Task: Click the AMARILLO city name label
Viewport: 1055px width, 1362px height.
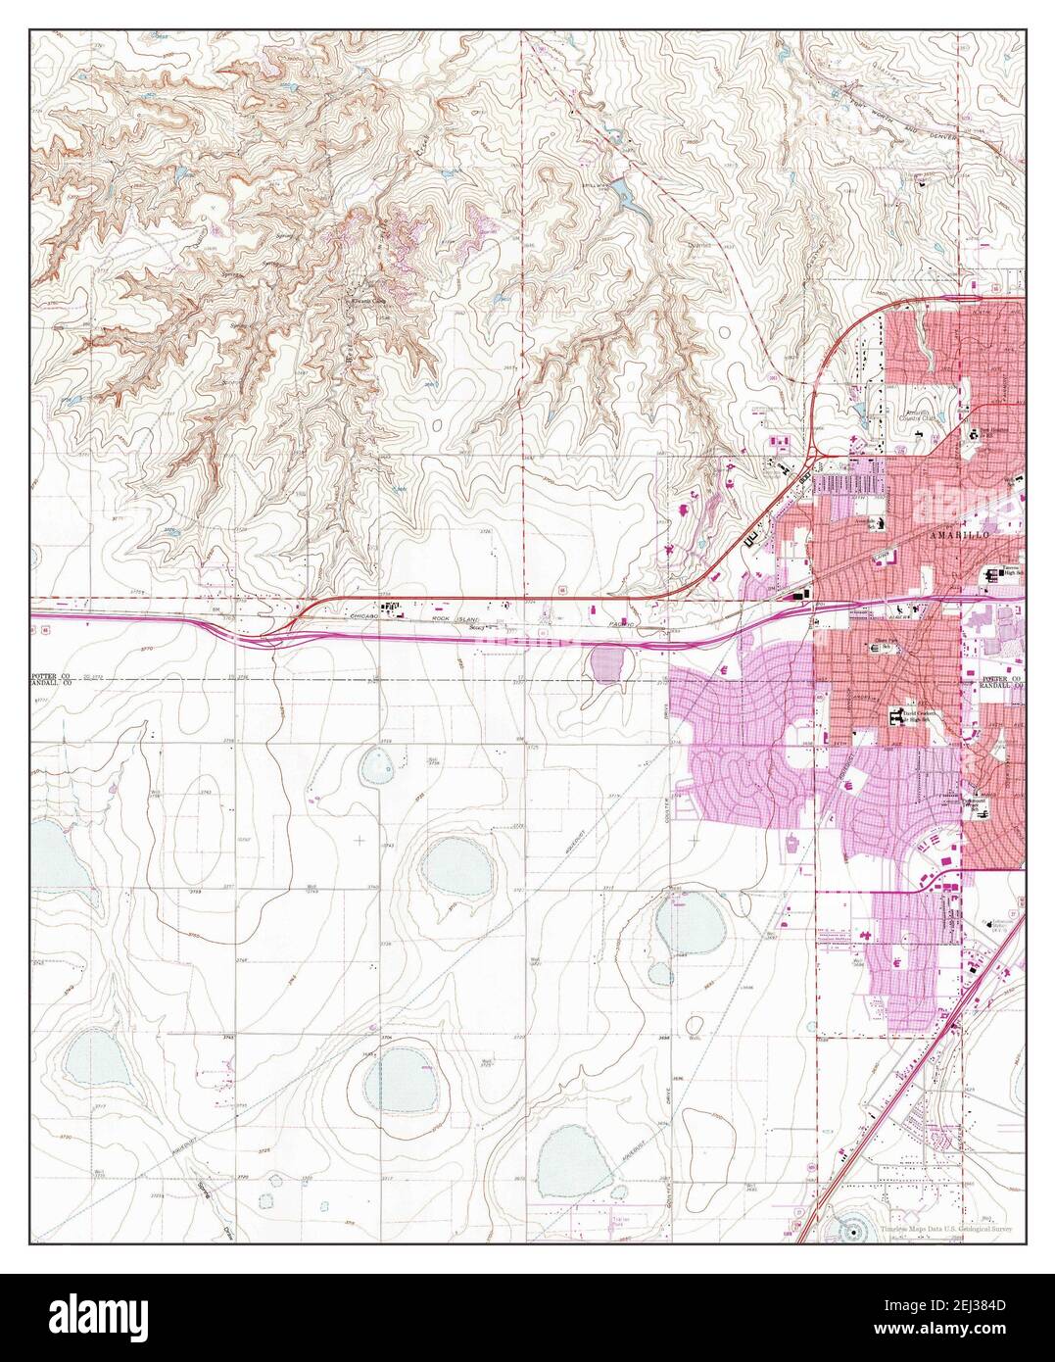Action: [957, 538]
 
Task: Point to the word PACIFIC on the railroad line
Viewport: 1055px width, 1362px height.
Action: [642, 623]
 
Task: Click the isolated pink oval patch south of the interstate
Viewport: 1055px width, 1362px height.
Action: [609, 666]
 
